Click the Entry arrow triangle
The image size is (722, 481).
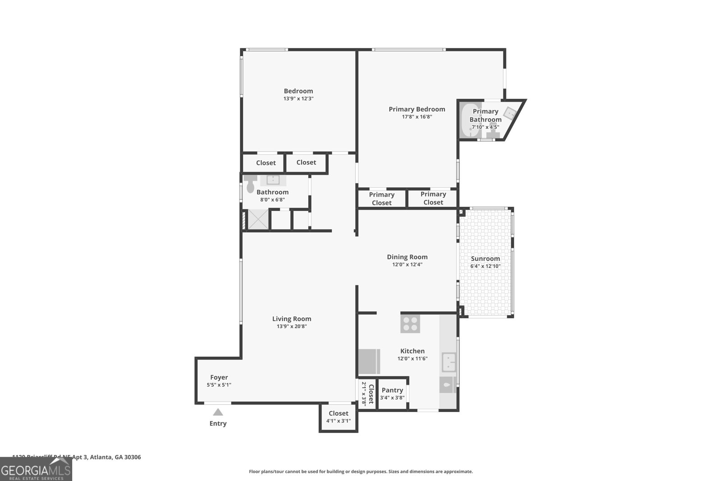click(x=218, y=412)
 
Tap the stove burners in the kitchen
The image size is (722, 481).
click(x=410, y=324)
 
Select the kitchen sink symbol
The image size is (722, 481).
click(x=449, y=362)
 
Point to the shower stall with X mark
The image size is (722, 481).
click(x=258, y=220)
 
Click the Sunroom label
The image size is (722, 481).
click(x=485, y=259)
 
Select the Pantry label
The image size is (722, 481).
click(x=392, y=390)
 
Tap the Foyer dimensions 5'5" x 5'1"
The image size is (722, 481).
click(x=219, y=385)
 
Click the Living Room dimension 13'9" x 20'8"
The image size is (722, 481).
click(x=292, y=326)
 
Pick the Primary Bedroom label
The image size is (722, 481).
click(x=417, y=109)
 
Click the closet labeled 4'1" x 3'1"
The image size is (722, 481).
click(x=338, y=417)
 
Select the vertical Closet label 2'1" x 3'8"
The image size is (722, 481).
click(x=368, y=394)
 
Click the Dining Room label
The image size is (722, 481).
click(x=407, y=257)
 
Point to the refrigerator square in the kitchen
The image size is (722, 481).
click(x=369, y=362)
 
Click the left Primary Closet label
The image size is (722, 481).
click(x=382, y=198)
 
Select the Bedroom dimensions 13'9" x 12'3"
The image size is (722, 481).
click(x=298, y=98)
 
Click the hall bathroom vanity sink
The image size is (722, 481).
click(x=273, y=180)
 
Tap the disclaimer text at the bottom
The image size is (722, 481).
click(x=361, y=472)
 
